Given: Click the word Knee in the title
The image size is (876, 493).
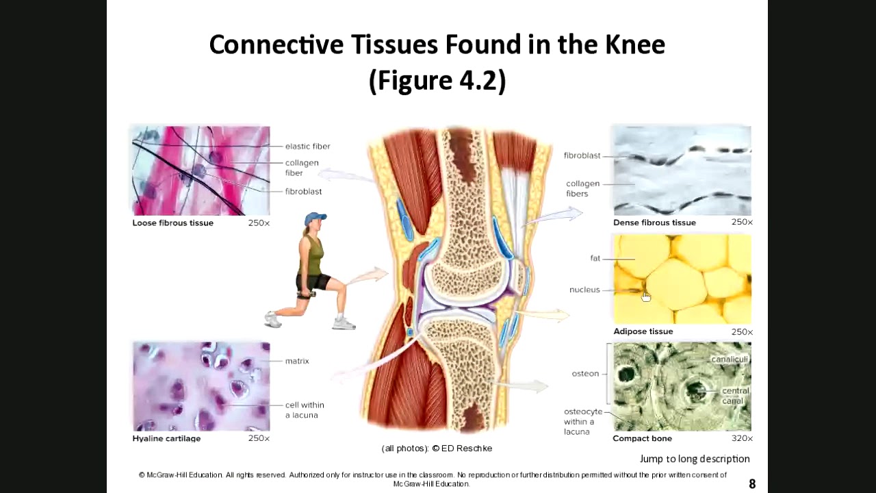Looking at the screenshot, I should point(634,45).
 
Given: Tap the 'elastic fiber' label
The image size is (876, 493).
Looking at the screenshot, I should point(307,147).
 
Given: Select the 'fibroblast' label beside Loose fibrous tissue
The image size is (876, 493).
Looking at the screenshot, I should point(303,192).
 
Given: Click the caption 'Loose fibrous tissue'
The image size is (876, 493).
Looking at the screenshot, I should point(172,223).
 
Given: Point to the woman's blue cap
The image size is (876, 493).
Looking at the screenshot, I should point(315,218).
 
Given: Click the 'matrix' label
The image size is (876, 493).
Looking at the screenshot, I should point(297,362).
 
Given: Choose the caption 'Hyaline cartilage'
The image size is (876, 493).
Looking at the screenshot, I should point(166,439).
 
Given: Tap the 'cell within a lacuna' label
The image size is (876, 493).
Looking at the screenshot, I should point(305,410).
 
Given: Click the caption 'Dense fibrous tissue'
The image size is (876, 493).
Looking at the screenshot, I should point(654,223).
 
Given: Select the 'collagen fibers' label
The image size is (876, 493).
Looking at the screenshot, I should point(582,188).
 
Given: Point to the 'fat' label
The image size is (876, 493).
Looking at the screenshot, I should point(595,259).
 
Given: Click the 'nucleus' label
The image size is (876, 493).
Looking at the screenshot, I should point(584,290).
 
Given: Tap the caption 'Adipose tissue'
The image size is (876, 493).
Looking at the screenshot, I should point(643,331).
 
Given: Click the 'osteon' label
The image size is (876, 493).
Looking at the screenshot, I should point(585,374).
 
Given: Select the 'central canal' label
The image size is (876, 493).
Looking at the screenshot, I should point(735,396).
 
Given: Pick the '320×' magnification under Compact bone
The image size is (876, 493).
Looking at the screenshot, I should point(741,439).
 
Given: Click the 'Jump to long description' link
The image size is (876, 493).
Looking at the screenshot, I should point(695,459).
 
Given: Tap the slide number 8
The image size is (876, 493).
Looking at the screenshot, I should point(752,484).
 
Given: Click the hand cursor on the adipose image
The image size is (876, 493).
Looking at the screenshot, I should point(646,296).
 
